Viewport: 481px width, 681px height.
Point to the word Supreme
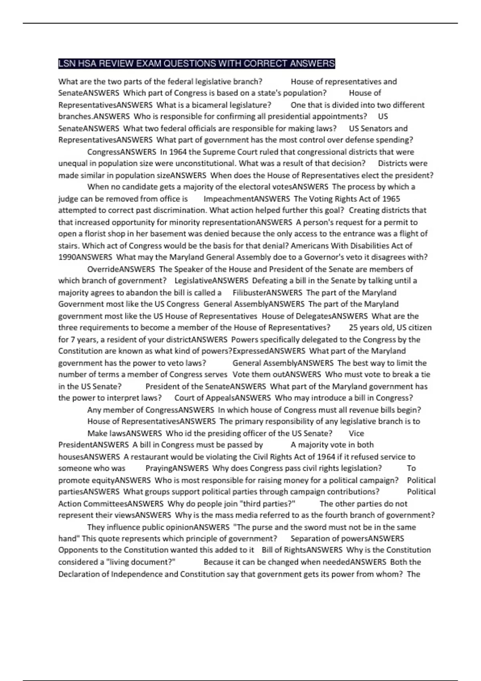[x=212, y=152]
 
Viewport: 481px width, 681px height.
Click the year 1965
[x=391, y=199]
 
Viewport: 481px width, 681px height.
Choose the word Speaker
[x=188, y=269]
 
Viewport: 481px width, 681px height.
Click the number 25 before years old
[x=353, y=328]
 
